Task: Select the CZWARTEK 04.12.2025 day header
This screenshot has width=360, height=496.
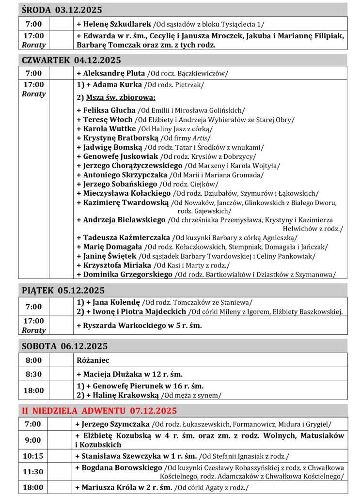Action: click(x=71, y=60)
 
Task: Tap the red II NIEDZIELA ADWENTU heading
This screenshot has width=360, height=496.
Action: click(x=99, y=411)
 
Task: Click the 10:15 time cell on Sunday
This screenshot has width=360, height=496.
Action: click(x=33, y=456)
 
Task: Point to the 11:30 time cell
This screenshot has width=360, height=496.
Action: click(x=33, y=471)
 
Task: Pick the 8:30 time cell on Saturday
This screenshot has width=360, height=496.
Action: click(x=33, y=374)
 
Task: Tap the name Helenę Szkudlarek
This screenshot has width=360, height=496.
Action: click(x=116, y=24)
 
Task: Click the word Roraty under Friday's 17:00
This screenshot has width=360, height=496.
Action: click(x=33, y=330)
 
